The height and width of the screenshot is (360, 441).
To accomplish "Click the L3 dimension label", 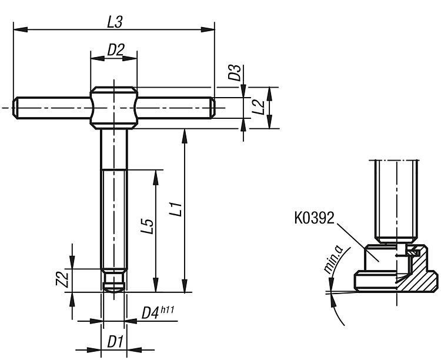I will pyautogui.click(x=114, y=22).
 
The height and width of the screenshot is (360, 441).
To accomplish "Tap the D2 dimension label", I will pyautogui.click(x=115, y=51).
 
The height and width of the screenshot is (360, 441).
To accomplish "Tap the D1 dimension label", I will pyautogui.click(x=115, y=341).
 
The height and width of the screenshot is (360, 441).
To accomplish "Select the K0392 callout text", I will pyautogui.click(x=314, y=219).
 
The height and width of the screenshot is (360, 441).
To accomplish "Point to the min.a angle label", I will pyautogui.click(x=333, y=262).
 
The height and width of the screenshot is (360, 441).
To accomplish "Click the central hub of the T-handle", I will pyautogui.click(x=114, y=107).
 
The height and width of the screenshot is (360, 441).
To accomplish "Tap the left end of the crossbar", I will pyautogui.click(x=18, y=108).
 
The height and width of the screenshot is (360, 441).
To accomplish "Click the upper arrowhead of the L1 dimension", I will pyautogui.click(x=185, y=132).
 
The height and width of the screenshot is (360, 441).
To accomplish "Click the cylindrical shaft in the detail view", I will pyautogui.click(x=396, y=200).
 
